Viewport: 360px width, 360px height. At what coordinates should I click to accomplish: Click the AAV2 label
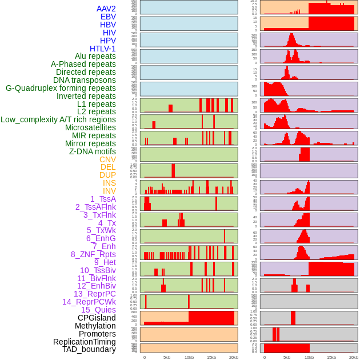click(106, 9)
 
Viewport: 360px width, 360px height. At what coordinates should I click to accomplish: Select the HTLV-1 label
click(102, 49)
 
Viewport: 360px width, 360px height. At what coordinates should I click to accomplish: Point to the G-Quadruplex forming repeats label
click(61, 88)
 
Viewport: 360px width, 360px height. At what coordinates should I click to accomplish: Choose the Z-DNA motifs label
click(92, 151)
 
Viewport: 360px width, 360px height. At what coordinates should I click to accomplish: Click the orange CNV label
click(107, 159)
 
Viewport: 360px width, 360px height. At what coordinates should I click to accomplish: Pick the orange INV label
click(109, 191)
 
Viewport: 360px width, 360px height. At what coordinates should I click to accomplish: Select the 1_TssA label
click(103, 199)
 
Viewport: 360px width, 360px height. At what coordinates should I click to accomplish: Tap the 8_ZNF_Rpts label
click(93, 254)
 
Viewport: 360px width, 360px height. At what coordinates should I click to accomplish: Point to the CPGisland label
click(97, 318)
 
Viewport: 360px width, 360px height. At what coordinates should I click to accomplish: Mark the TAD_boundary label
click(89, 349)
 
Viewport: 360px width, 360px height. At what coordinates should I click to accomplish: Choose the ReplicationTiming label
click(84, 342)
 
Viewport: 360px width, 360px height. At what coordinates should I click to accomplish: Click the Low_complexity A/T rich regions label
click(58, 119)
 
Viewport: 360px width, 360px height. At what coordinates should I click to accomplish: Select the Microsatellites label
click(90, 127)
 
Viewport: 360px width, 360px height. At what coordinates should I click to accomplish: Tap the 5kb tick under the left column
click(167, 357)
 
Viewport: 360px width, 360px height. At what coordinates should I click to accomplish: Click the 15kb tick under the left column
click(211, 357)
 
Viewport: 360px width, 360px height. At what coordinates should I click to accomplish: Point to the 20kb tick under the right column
click(354, 357)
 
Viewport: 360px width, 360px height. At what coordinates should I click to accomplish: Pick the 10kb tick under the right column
click(309, 357)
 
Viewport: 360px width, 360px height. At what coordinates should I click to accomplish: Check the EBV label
click(108, 17)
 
